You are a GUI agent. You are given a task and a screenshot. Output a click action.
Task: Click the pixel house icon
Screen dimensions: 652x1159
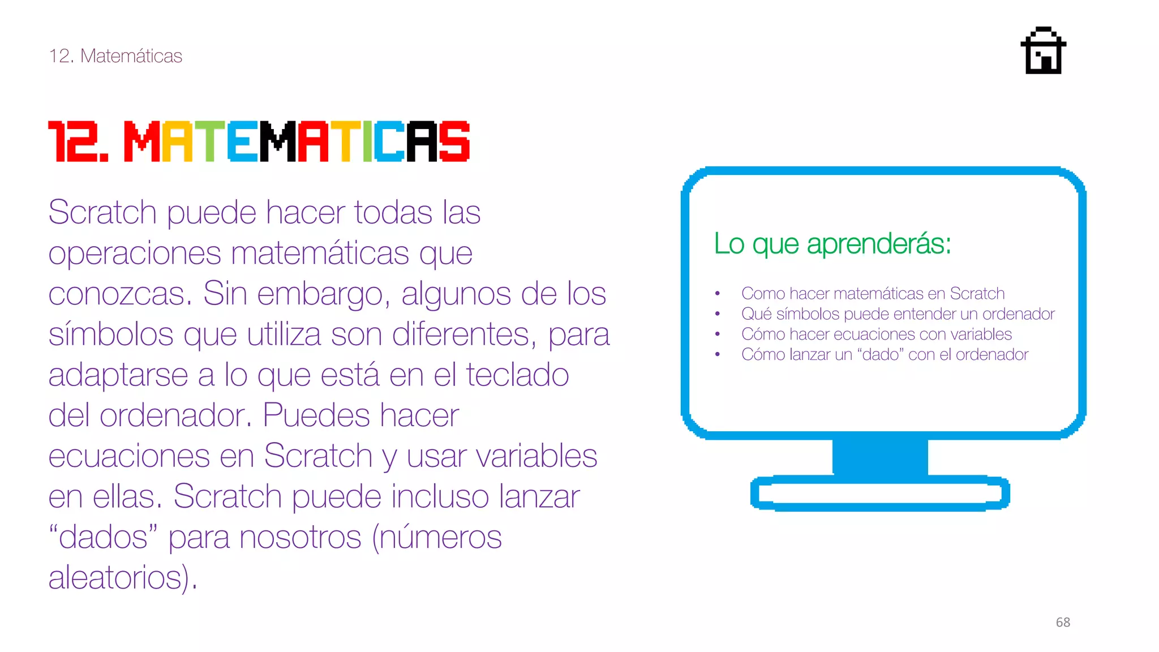pos(1043,51)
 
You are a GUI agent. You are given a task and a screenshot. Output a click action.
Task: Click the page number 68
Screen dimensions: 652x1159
pos(1063,622)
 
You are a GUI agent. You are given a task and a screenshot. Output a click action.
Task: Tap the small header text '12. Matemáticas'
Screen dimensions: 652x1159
pos(115,56)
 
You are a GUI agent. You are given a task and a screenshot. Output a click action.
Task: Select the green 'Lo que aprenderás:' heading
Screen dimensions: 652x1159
pos(832,244)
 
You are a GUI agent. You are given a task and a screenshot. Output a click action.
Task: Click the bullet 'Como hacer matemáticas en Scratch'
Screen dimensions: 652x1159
pos(873,294)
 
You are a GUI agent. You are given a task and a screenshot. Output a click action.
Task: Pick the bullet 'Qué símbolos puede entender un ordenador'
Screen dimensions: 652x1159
pos(898,314)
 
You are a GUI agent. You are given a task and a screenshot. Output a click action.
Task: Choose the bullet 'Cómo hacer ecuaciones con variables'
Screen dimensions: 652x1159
pos(876,334)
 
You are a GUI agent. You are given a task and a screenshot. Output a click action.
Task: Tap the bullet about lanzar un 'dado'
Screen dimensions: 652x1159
pos(885,355)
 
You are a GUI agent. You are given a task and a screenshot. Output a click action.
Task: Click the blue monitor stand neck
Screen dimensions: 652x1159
pos(880,457)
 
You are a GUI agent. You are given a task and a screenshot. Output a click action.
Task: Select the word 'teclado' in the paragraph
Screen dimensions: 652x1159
pos(517,375)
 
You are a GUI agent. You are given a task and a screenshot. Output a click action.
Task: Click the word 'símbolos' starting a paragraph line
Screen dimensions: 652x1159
pos(110,334)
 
